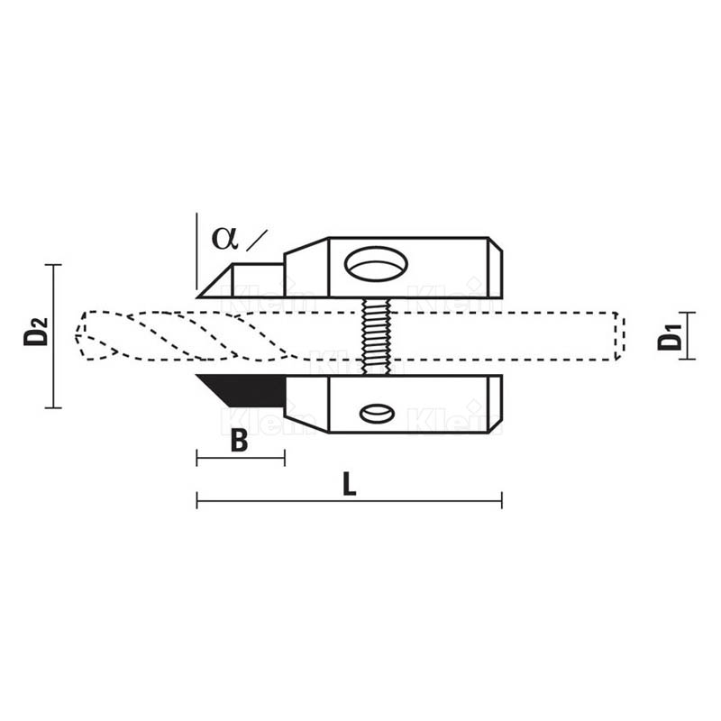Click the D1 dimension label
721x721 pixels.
(670, 336)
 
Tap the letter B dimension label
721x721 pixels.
(239, 442)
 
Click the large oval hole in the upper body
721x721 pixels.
(377, 264)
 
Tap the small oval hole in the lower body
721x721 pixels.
(377, 414)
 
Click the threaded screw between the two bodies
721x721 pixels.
(377, 336)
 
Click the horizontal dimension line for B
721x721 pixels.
(241, 459)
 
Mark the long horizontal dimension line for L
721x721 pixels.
(350, 501)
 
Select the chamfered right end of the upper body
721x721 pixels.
(495, 268)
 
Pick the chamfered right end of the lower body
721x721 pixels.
(495, 405)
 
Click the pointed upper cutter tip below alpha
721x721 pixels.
(205, 290)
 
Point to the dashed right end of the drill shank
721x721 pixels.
(620, 336)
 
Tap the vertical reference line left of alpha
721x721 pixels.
(196, 252)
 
